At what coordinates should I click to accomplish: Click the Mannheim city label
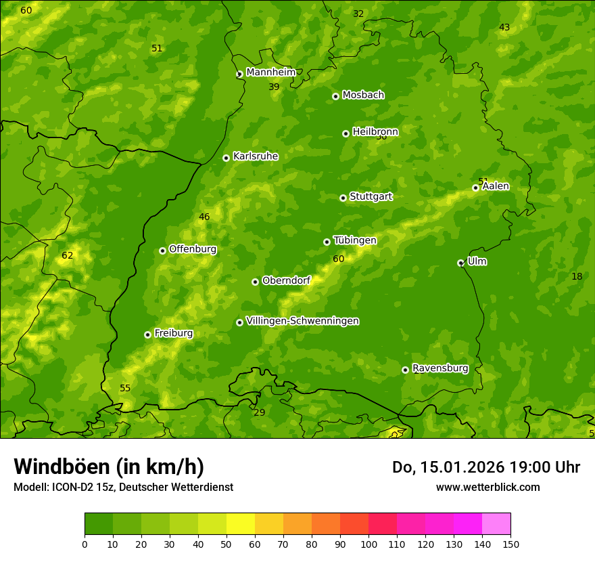[x=270, y=72]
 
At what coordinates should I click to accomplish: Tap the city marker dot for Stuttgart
[x=343, y=198]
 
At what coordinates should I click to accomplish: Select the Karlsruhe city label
[x=256, y=156]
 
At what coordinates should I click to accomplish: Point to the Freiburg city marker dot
[x=147, y=334]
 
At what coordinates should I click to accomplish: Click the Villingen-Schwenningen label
[x=302, y=321]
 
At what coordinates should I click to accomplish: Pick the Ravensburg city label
[x=440, y=368]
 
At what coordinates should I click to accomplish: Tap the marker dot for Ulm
[x=460, y=263]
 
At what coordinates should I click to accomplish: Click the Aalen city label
[x=496, y=186]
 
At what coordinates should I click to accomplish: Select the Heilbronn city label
[x=375, y=132]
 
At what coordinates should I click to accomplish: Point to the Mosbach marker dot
[x=335, y=96]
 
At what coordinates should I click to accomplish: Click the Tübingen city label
[x=355, y=240]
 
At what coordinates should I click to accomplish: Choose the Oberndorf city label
[x=286, y=280]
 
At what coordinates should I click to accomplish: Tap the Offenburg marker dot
[x=162, y=251]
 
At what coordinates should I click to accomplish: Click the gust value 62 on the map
[x=68, y=256]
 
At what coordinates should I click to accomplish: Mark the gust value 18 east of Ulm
[x=577, y=276]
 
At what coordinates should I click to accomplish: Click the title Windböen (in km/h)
[x=109, y=467]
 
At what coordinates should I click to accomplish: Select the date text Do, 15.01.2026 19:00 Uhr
[x=485, y=467]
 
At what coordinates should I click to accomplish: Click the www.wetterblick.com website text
[x=487, y=487]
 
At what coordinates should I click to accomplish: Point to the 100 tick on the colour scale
[x=368, y=544]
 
